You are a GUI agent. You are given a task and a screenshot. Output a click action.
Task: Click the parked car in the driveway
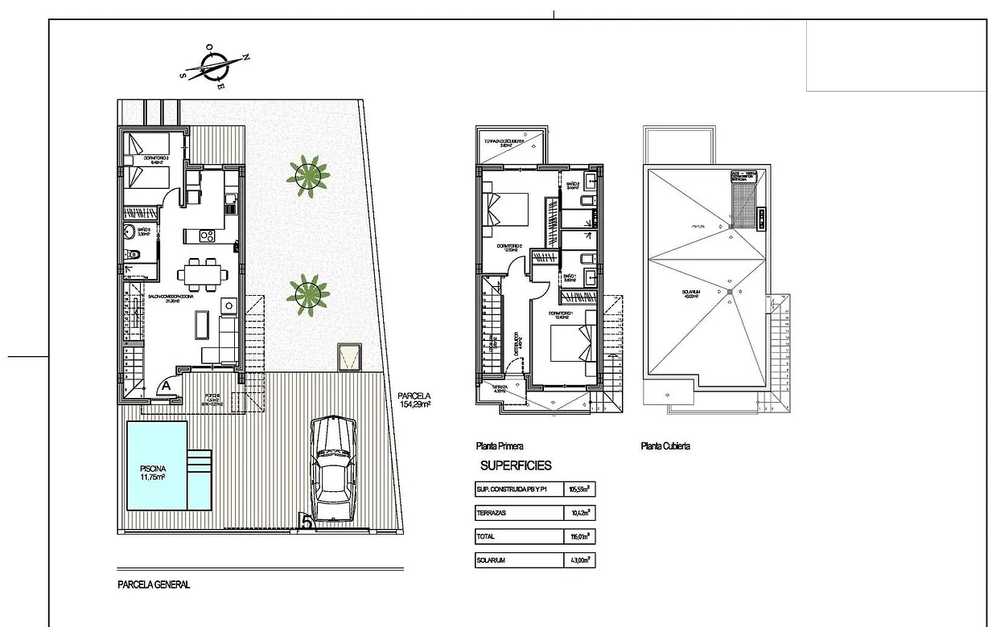(334, 469)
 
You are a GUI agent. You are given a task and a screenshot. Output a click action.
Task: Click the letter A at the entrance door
(166, 386)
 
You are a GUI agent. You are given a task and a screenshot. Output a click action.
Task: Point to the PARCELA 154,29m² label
(414, 400)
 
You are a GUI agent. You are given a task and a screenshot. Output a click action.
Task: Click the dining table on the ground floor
(201, 274)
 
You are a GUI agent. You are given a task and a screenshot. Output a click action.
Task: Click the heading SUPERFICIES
(516, 465)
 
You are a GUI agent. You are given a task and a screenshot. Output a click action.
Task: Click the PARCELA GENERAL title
(154, 585)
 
